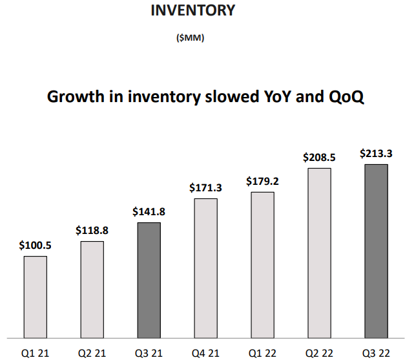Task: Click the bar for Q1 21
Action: [x=35, y=297]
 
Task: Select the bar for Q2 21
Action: [x=92, y=289]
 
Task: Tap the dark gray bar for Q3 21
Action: [x=149, y=280]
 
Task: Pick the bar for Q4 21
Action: [x=205, y=268]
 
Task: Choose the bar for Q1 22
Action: [x=262, y=264]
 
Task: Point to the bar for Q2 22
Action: [x=319, y=253]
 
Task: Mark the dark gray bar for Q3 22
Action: [x=376, y=251]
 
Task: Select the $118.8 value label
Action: [x=92, y=230]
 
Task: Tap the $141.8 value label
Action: [x=149, y=211]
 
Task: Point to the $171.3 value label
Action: [x=205, y=187]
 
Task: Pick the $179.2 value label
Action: [x=262, y=181]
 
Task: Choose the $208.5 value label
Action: [x=319, y=157]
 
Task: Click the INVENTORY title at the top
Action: [x=192, y=11]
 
